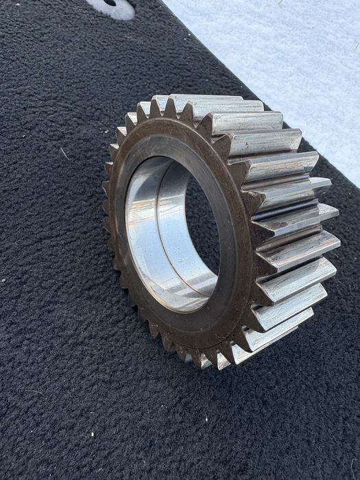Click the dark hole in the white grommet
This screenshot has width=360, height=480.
110,3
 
